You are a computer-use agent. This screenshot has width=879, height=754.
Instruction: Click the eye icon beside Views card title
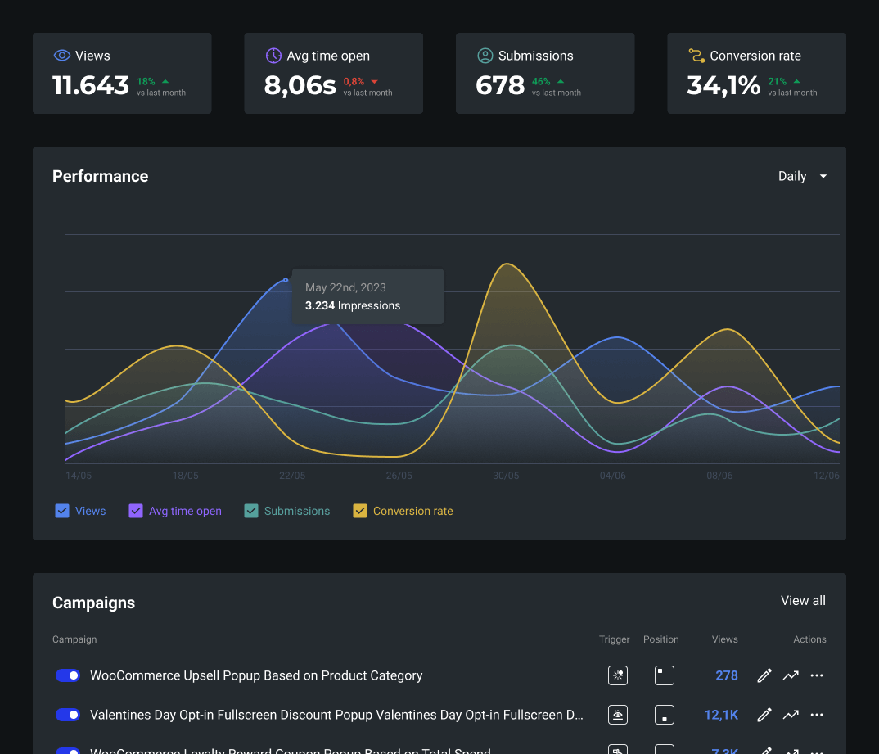point(62,56)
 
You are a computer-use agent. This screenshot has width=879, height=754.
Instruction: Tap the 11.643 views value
point(91,85)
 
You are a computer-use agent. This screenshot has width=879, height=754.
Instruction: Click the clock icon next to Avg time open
point(273,56)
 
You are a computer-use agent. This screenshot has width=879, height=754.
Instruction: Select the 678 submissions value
point(500,85)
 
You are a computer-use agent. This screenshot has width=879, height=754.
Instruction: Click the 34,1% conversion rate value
point(723,85)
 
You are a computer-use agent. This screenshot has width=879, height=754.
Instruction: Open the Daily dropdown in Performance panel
point(802,176)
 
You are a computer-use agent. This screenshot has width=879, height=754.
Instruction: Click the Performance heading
point(100,176)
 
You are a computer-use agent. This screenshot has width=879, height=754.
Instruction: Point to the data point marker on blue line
point(286,280)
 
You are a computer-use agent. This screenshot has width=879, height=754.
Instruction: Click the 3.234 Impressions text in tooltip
point(353,305)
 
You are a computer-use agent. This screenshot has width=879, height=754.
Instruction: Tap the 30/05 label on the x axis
point(506,476)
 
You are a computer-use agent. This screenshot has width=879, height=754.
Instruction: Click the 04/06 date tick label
point(612,476)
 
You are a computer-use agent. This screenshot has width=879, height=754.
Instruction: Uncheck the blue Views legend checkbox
point(62,511)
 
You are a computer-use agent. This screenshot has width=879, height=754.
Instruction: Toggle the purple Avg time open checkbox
point(136,511)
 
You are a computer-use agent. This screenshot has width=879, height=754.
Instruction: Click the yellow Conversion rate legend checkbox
point(360,511)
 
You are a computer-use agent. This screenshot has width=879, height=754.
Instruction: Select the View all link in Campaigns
point(803,600)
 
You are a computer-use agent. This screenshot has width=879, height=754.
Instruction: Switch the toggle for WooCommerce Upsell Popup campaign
point(68,675)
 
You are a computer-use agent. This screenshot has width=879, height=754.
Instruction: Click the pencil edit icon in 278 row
point(764,675)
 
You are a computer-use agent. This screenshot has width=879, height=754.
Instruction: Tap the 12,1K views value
point(721,715)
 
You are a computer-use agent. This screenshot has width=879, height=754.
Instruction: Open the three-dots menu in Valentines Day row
point(816,715)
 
